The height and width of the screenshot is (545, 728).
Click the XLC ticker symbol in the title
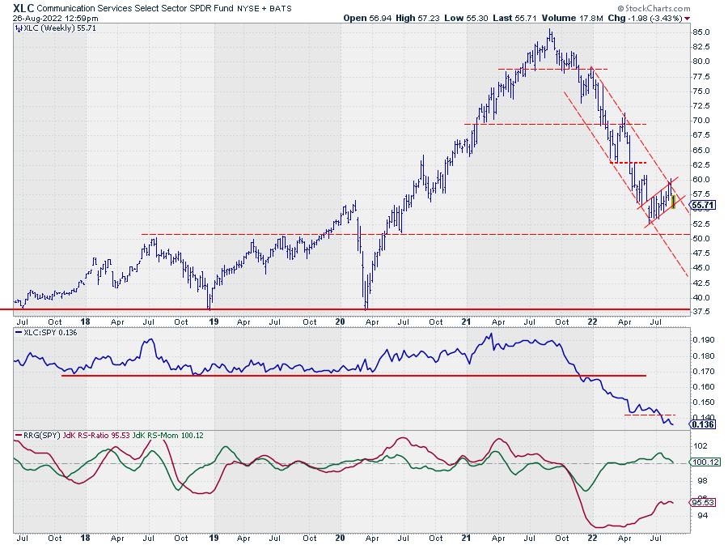(x=23, y=6)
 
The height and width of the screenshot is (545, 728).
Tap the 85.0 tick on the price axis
(x=703, y=32)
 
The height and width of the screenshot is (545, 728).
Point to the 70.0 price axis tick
(x=703, y=121)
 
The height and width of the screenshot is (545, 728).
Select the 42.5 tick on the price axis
(x=703, y=283)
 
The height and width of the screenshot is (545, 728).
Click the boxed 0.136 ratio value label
(x=701, y=424)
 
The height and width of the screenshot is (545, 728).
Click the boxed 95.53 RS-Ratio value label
(x=701, y=502)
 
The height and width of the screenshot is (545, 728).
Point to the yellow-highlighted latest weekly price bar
(x=673, y=201)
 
